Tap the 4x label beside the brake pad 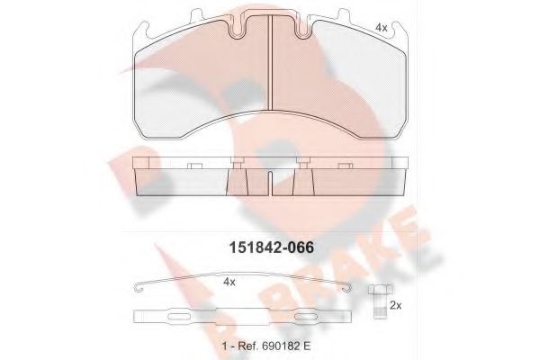(x=381, y=29)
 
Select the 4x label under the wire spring (x=230, y=282)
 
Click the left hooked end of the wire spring (x=137, y=288)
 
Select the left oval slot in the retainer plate (x=178, y=317)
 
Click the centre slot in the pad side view (x=270, y=184)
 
